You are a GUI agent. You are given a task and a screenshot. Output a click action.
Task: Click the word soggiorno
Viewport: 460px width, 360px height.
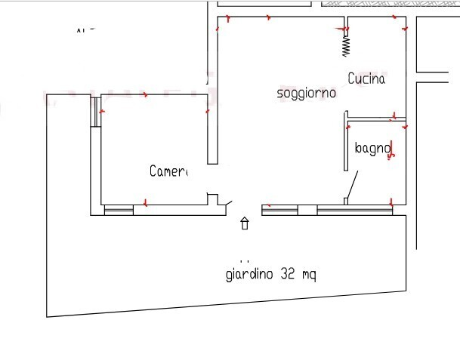[x=306, y=94]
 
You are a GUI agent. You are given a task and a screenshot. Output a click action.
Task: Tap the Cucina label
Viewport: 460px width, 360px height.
[x=366, y=78]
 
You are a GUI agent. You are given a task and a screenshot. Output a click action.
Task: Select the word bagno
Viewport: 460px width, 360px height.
[x=371, y=148]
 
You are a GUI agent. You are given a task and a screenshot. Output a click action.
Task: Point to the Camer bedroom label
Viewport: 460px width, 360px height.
[x=168, y=171]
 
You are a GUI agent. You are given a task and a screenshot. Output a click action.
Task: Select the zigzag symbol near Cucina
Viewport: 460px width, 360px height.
[x=346, y=45]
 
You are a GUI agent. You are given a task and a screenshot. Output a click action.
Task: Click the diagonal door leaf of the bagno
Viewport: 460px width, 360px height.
[x=352, y=185]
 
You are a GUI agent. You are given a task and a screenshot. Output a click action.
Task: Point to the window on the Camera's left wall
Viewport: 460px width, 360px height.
[x=97, y=112]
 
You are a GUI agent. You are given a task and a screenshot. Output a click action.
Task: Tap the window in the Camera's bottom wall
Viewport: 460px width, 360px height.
[x=118, y=211]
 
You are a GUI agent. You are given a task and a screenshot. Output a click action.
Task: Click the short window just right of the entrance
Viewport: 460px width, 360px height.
[x=279, y=210]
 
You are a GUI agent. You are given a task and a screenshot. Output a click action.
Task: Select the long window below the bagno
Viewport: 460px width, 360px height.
[x=354, y=210]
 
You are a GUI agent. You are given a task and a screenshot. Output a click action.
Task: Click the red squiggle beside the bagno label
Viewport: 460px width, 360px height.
[x=391, y=150]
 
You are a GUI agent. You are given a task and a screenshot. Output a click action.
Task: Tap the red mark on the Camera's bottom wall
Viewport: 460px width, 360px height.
[x=145, y=203]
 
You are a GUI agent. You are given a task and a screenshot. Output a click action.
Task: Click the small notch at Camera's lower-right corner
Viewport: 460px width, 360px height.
[x=213, y=199]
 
